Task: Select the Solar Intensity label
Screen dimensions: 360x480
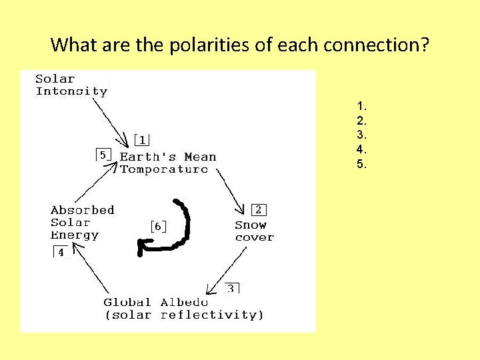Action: tap(71, 85)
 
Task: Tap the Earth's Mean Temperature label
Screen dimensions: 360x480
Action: tap(167, 163)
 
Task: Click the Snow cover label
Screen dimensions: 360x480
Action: tap(254, 231)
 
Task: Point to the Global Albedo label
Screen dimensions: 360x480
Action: tap(183, 308)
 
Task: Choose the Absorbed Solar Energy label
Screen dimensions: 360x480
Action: tap(82, 222)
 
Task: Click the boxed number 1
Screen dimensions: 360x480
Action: tap(142, 139)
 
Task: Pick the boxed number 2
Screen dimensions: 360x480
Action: tap(257, 209)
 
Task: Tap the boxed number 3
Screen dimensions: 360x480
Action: tap(231, 288)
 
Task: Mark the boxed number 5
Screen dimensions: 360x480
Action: tap(103, 155)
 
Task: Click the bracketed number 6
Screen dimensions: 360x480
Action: tap(158, 227)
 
